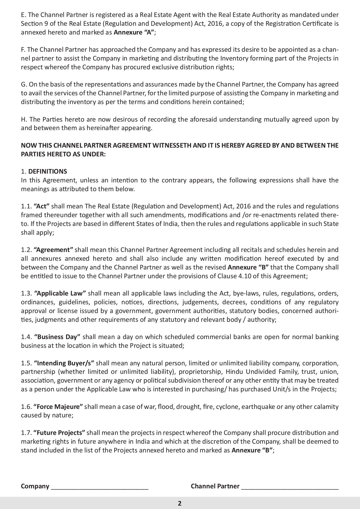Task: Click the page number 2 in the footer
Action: click(180, 503)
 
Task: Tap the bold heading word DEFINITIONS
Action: click(48, 171)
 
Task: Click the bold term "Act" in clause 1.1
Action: click(42, 206)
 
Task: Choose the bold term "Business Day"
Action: click(57, 337)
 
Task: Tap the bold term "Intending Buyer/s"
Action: click(64, 363)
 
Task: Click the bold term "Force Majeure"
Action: click(58, 407)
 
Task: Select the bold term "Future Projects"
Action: click(59, 433)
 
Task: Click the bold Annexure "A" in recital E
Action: click(134, 32)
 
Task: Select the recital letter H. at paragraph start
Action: click(24, 119)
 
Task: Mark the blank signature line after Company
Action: click(99, 487)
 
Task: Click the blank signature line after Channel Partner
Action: click(290, 487)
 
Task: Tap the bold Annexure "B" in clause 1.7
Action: click(252, 450)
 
